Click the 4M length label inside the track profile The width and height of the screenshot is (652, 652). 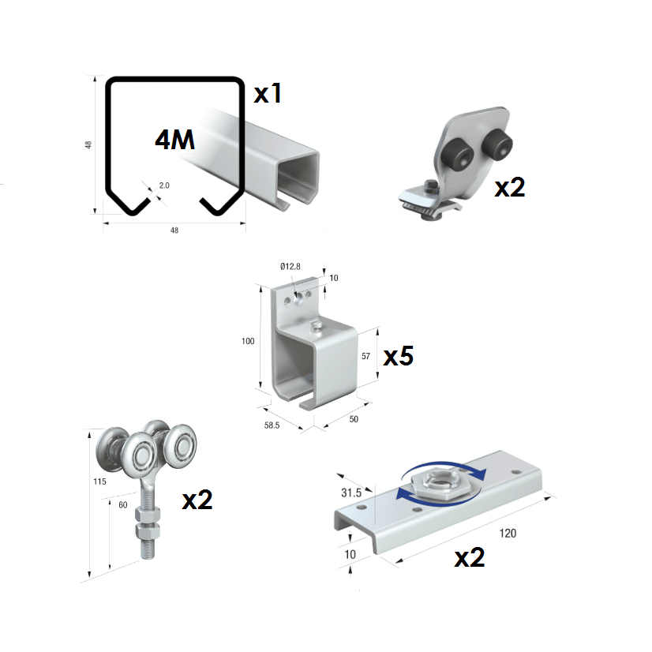pyautogui.click(x=174, y=140)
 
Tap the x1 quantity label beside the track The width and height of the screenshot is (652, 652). pyautogui.click(x=268, y=93)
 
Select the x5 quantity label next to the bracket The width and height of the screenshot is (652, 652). pyautogui.click(x=398, y=356)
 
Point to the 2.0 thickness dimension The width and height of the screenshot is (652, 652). pyautogui.click(x=164, y=185)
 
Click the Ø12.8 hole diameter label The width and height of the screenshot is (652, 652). pyautogui.click(x=290, y=267)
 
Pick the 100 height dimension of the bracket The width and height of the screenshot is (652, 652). pyautogui.click(x=248, y=341)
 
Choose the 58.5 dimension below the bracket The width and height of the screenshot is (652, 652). pyautogui.click(x=272, y=425)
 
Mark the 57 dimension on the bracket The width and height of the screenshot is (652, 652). pyautogui.click(x=365, y=356)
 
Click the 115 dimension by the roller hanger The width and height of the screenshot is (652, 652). pyautogui.click(x=99, y=482)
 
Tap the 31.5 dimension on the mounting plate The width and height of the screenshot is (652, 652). pyautogui.click(x=351, y=493)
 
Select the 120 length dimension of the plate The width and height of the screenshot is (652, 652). pyautogui.click(x=508, y=534)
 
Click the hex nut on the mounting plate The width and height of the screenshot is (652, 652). pyautogui.click(x=439, y=482)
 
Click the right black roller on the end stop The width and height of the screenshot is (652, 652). pyautogui.click(x=496, y=144)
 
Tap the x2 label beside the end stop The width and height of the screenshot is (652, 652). pyautogui.click(x=510, y=188)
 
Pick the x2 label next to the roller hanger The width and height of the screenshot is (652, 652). pyautogui.click(x=197, y=500)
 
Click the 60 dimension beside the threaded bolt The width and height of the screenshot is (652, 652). pyautogui.click(x=123, y=505)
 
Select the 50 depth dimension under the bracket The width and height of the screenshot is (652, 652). pyautogui.click(x=354, y=419)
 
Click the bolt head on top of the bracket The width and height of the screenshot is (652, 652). pyautogui.click(x=317, y=325)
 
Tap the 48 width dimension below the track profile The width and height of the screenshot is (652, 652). pyautogui.click(x=174, y=230)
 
